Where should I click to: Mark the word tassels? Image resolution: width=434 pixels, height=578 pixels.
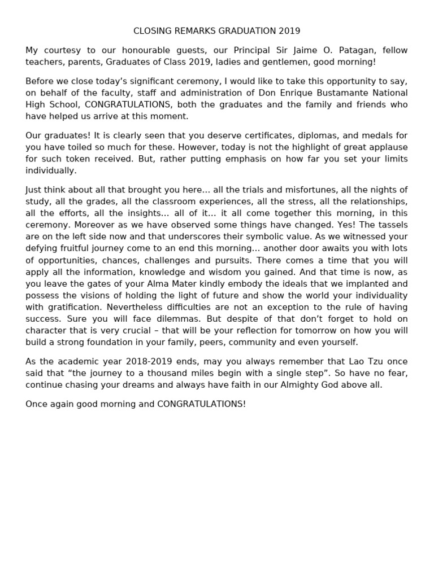(x=388, y=225)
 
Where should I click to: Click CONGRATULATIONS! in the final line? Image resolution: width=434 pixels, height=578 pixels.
(x=202, y=404)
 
